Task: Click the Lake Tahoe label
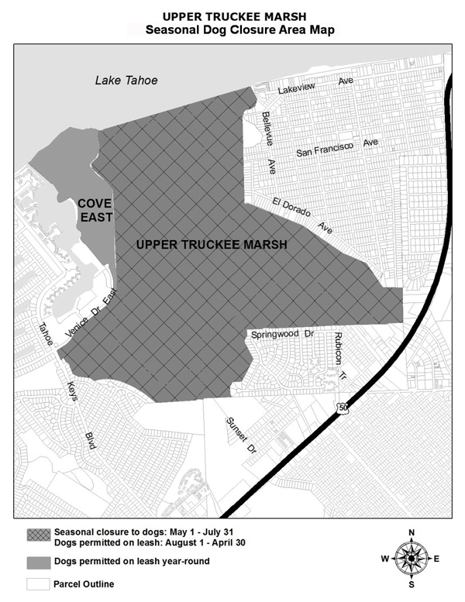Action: (x=126, y=81)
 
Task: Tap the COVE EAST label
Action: (x=95, y=209)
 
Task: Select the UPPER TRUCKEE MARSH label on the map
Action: (x=212, y=244)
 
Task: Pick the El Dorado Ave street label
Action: (x=303, y=215)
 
